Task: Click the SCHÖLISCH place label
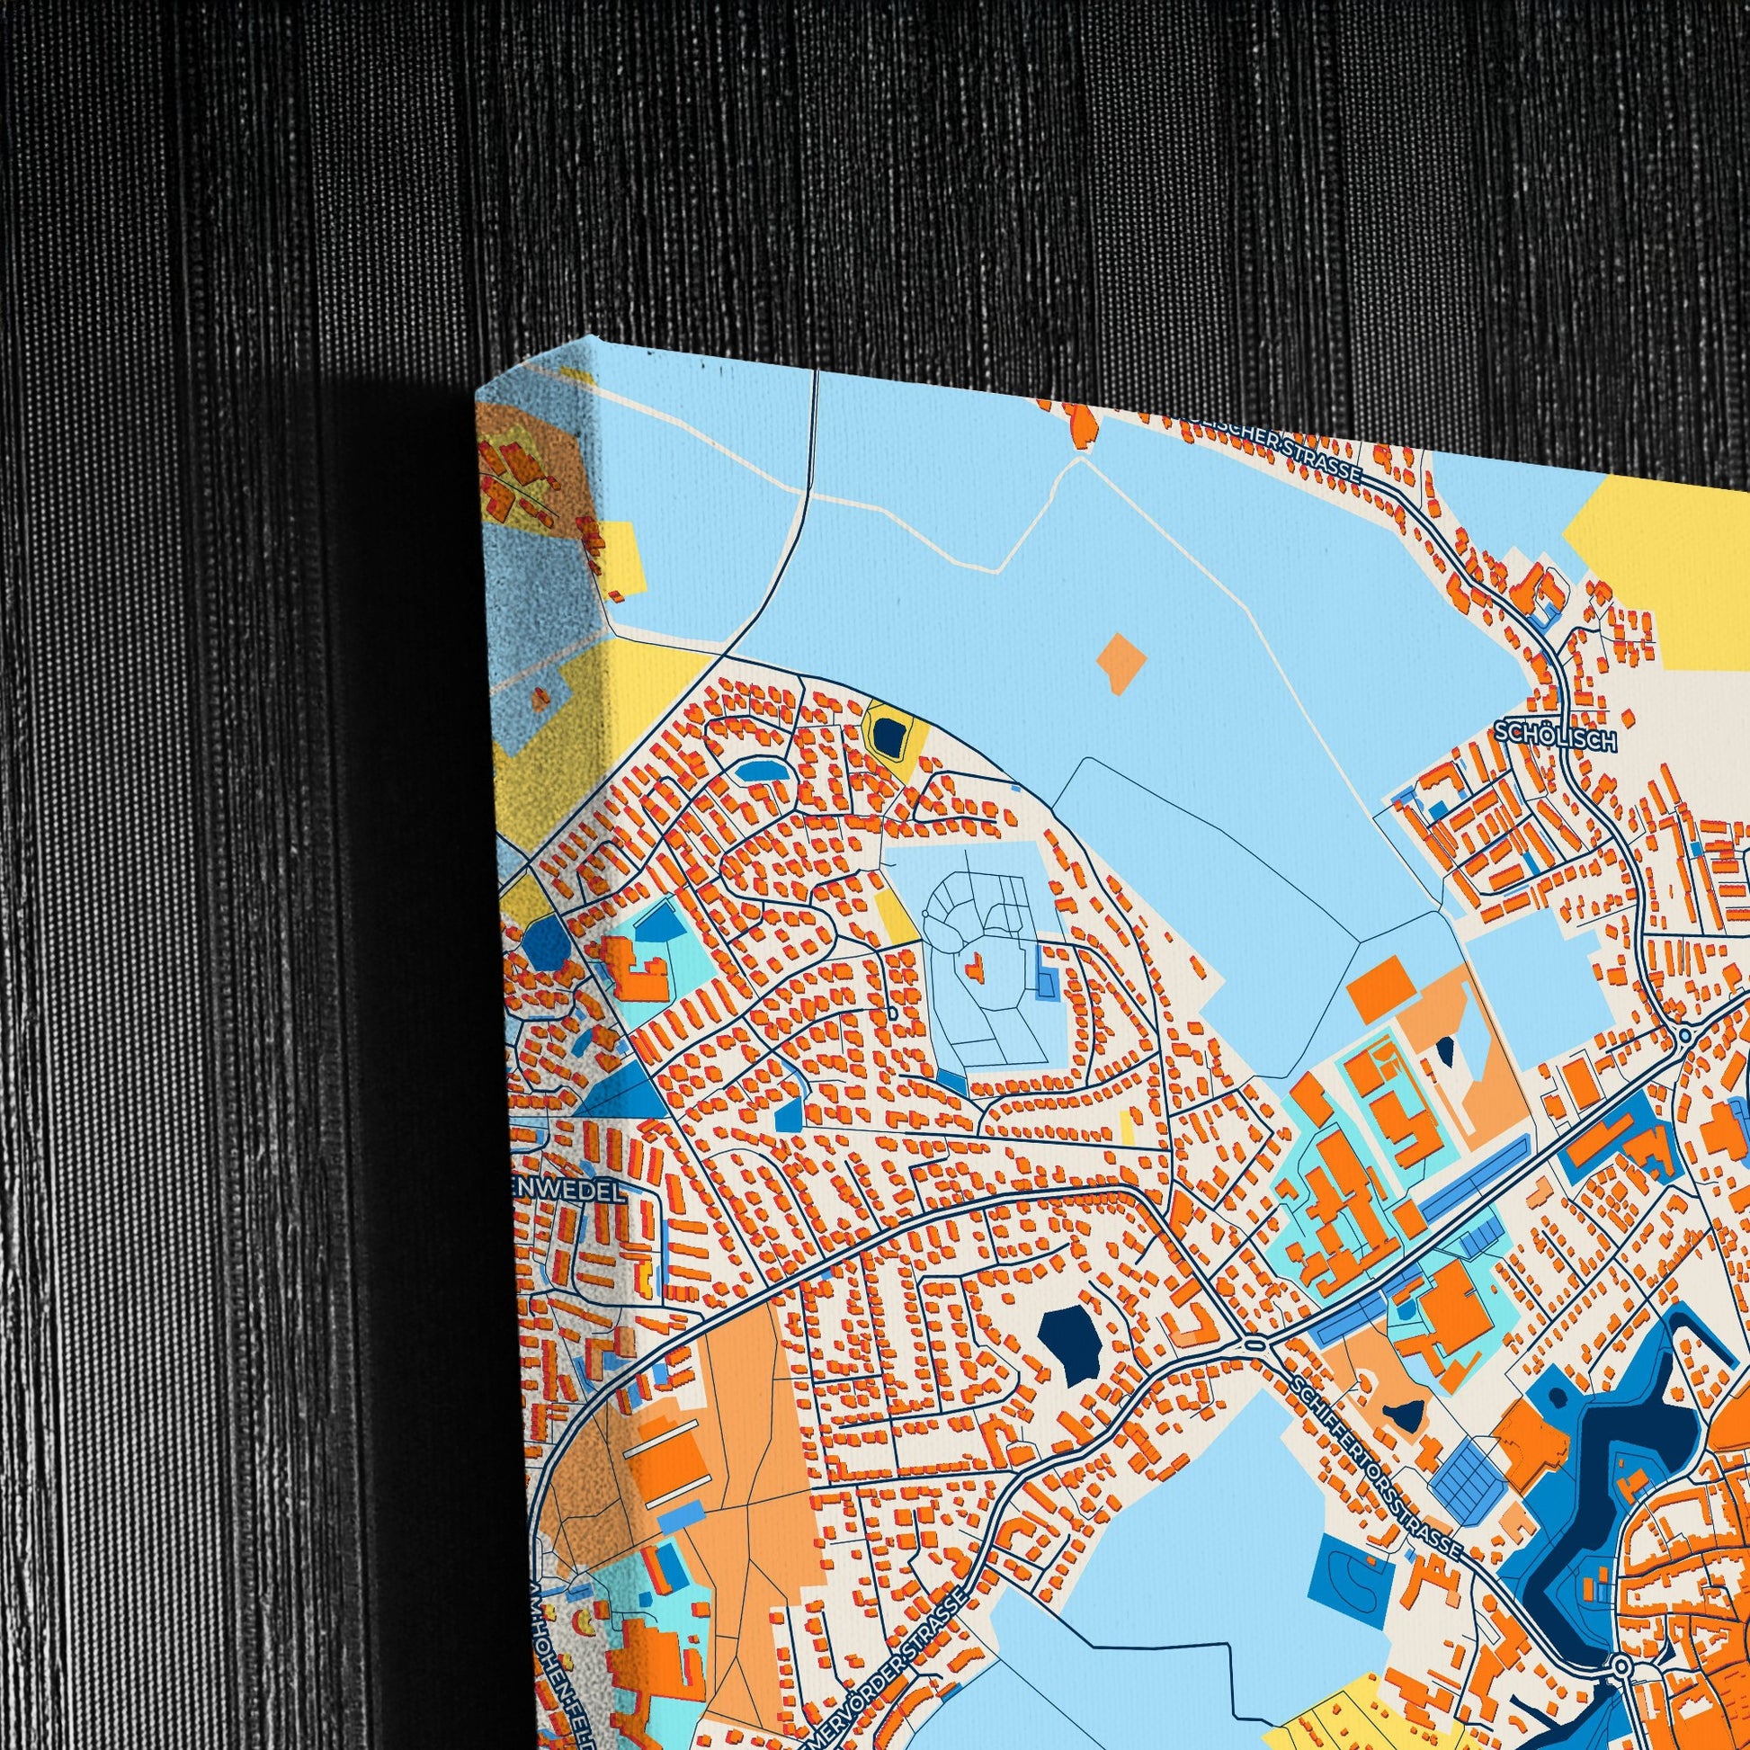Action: click(x=1555, y=737)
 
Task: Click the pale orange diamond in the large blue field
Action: click(x=1121, y=663)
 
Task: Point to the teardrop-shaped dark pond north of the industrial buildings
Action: click(x=1444, y=1051)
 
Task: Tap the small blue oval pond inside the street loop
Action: click(x=759, y=771)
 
